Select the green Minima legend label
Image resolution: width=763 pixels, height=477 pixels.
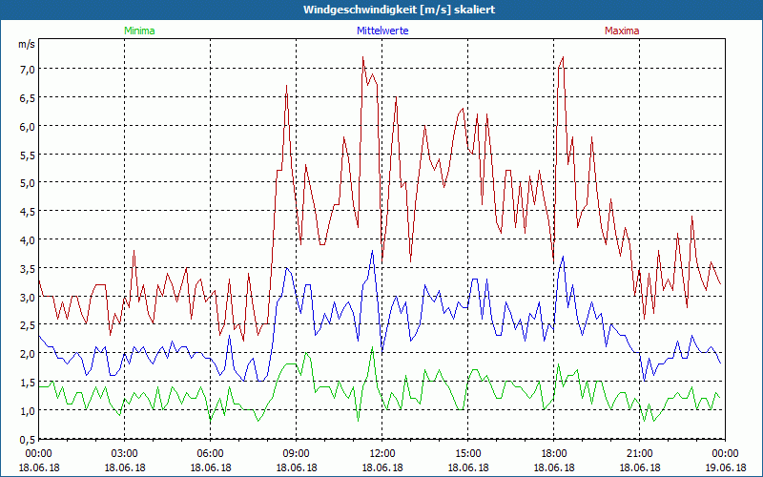(139, 31)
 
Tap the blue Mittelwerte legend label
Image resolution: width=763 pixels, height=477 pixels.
(381, 31)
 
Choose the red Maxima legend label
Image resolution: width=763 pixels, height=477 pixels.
(622, 31)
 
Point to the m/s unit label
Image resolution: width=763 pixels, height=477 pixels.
(27, 45)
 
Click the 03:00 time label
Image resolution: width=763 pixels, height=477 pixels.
(125, 453)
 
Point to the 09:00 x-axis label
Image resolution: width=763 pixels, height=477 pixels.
(296, 453)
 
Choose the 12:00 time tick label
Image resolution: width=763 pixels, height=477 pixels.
(381, 453)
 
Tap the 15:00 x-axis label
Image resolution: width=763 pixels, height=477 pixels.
(467, 453)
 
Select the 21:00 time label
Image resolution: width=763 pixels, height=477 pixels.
(639, 453)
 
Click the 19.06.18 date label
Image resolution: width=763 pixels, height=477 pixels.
(725, 467)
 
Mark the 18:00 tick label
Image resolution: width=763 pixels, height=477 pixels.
(553, 453)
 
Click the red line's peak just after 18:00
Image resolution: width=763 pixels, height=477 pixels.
(564, 57)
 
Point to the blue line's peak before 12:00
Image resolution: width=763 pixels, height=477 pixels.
(372, 252)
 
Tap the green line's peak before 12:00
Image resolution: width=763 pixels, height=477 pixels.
(372, 346)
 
